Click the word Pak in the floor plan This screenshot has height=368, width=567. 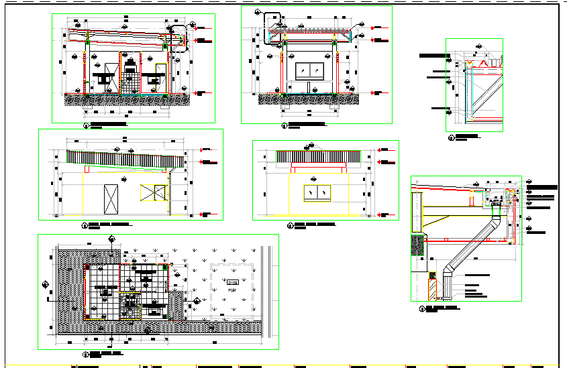point(232,291)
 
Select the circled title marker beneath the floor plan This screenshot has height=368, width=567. point(86,353)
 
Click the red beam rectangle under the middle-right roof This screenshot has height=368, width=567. point(318,164)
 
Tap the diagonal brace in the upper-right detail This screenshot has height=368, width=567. point(484,94)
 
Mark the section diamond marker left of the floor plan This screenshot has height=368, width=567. point(46,284)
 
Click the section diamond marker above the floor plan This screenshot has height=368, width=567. point(111,245)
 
